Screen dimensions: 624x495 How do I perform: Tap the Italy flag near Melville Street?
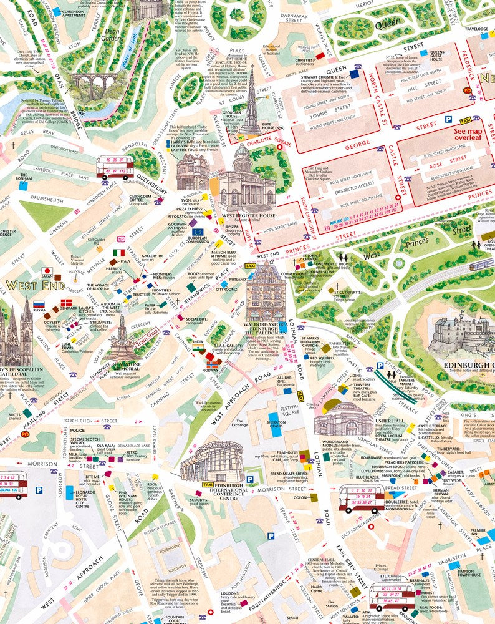point(118,253)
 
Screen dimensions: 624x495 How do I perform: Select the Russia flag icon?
point(39,305)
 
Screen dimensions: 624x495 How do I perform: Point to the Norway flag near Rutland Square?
point(213,364)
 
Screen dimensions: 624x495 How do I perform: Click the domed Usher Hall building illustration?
point(344,417)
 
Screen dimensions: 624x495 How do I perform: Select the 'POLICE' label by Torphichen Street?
point(78,431)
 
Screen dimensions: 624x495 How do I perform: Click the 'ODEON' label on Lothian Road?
point(300,497)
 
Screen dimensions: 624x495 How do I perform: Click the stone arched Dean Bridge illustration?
point(93,85)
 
